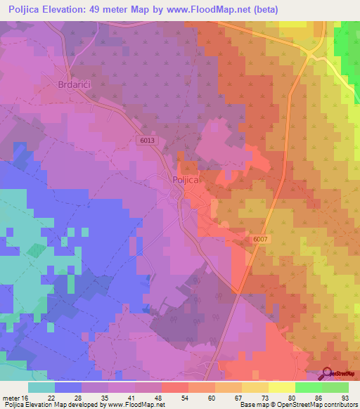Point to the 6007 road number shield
point(261,240)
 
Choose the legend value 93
point(344,397)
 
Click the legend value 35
point(111,397)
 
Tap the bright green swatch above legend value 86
point(309,387)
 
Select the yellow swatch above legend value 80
point(282,387)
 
